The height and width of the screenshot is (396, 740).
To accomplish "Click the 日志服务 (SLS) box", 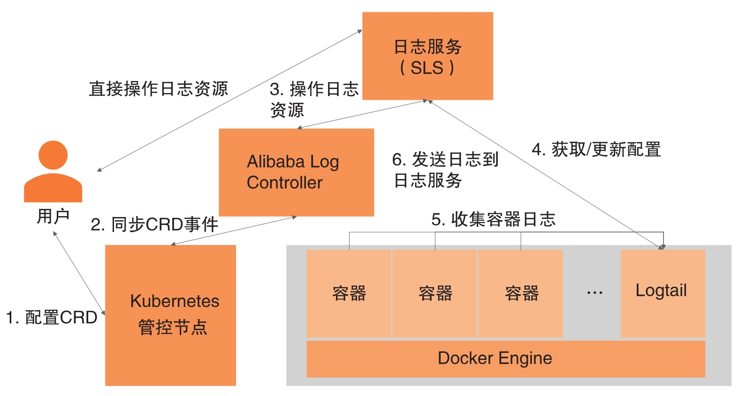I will [427, 56].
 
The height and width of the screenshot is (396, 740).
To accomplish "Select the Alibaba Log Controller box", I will [296, 172].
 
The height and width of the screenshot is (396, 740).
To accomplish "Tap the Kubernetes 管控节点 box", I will [170, 315].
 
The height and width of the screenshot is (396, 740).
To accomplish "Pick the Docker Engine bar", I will [505, 359].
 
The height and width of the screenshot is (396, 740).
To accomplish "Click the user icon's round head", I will [53, 155].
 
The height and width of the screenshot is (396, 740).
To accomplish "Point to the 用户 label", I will [53, 216].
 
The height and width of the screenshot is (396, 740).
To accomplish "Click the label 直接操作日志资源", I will [158, 89].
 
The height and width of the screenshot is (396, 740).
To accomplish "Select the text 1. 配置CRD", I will [51, 317].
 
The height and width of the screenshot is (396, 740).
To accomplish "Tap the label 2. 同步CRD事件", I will [154, 224].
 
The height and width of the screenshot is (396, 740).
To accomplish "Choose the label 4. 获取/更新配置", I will [596, 149].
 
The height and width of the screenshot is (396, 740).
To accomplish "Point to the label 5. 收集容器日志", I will [493, 219].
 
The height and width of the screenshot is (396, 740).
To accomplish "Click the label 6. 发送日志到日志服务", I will [445, 170].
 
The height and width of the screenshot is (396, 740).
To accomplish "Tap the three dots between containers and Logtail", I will [595, 293].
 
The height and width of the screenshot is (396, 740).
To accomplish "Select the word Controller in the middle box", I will [284, 183].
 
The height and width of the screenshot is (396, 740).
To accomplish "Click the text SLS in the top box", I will [427, 68].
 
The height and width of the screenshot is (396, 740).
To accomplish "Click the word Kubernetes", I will [175, 301].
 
